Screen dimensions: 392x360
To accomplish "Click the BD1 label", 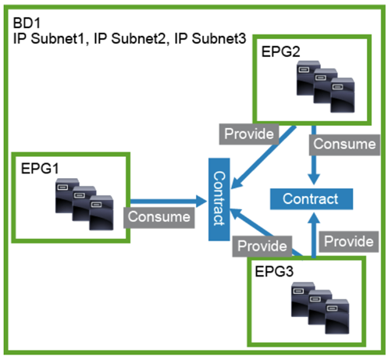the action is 27,23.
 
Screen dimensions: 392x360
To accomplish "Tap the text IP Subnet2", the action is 130,38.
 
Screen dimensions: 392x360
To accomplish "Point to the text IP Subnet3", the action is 210,38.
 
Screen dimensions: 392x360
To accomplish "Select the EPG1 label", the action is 40,168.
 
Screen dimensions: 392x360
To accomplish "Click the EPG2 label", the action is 280,52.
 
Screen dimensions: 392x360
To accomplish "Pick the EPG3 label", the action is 274,272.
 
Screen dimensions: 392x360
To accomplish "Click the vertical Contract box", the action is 219,199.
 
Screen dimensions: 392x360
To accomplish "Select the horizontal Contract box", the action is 312,199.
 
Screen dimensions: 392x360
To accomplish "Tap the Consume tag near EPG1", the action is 159,217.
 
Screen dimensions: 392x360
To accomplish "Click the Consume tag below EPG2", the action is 344,144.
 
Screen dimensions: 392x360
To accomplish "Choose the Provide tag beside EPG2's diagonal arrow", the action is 249,134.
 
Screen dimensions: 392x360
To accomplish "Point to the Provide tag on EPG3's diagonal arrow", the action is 262,246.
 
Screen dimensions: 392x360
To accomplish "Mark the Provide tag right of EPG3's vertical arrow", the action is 349,241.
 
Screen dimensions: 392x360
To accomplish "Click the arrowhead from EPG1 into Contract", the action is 201,201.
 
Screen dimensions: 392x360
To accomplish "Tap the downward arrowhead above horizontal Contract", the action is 314,180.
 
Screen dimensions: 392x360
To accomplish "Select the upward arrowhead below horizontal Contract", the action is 314,219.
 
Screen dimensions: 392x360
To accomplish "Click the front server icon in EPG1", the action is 102,212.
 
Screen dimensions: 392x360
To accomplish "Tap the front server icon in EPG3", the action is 337,316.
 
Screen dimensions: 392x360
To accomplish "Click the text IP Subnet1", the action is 49,38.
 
